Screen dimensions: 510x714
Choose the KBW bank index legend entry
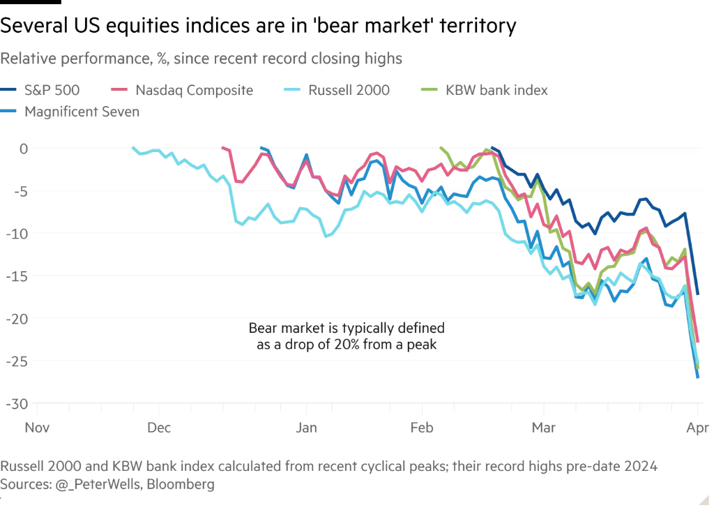point(497,90)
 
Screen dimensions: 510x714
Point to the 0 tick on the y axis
point(23,148)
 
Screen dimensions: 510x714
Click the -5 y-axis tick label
point(20,190)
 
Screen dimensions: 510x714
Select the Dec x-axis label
point(159,427)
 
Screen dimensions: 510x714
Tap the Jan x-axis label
point(307,427)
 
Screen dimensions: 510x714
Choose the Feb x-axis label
point(422,427)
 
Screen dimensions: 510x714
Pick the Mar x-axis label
point(544,427)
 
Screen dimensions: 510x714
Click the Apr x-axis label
point(698,427)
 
